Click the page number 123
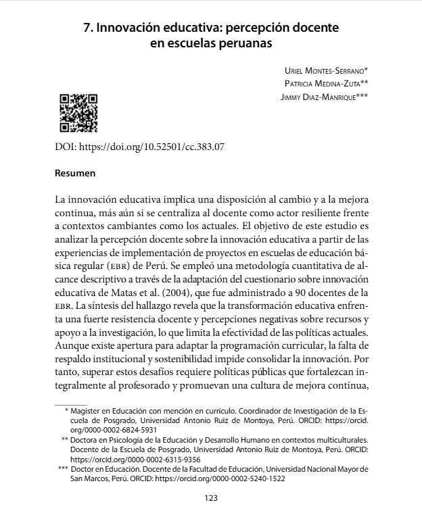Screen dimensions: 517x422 click(x=210, y=499)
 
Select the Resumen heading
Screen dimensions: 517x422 click(x=75, y=173)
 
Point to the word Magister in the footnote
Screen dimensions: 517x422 click(x=86, y=410)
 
